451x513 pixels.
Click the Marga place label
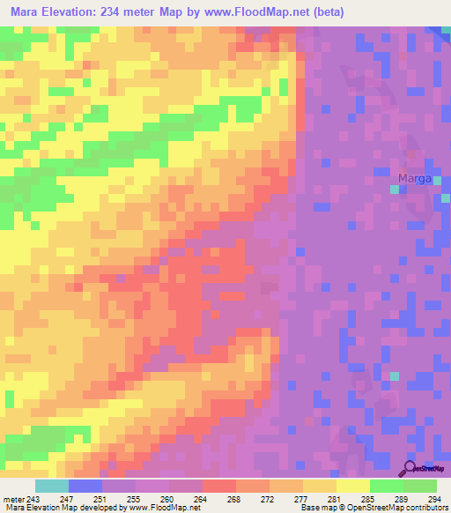coord(414,179)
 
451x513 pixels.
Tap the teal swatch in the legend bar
coord(51,486)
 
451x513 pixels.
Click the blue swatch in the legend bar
coord(85,486)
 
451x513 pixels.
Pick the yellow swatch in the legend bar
coord(352,486)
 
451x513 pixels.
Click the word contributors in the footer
coord(426,509)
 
